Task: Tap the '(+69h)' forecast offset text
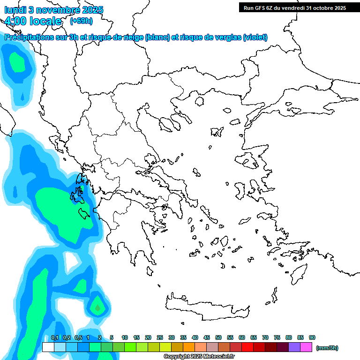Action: pos(81,21)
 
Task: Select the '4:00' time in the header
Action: pos(16,21)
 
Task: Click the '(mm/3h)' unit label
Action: pos(327,348)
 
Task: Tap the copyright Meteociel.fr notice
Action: pos(205,357)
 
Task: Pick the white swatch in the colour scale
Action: pos(48,347)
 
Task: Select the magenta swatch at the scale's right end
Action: pos(306,347)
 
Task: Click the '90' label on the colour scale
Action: pos(312,337)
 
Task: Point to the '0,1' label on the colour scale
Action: pos(54,337)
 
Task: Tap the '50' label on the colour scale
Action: pos(218,337)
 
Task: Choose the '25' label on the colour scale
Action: pos(160,337)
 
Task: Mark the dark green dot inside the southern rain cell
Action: pos(97,308)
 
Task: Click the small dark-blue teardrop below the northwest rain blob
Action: pos(22,97)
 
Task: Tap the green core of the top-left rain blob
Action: pos(18,62)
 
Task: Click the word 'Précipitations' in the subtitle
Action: pos(28,37)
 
